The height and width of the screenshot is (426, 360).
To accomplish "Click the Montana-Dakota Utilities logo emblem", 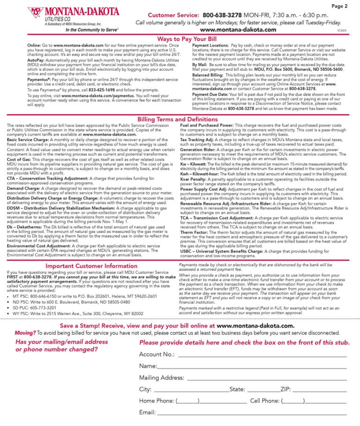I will (35, 13).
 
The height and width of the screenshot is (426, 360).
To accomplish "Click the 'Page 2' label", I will (339, 6).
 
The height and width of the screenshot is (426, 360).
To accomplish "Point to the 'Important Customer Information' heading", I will (91, 266).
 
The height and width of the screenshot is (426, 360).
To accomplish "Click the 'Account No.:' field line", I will (262, 355).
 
